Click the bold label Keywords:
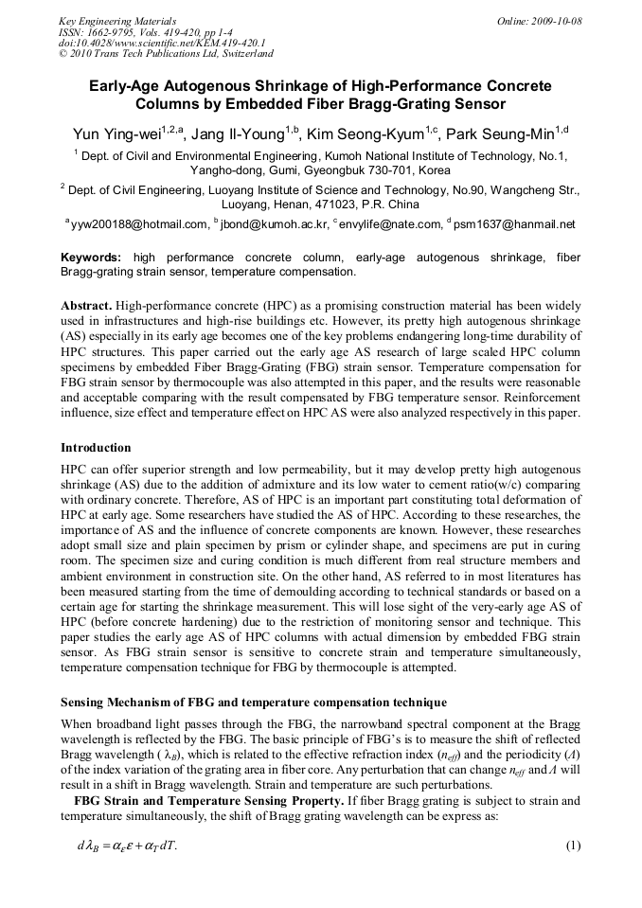[91, 258]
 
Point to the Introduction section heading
[96, 447]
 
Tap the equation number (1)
[572, 845]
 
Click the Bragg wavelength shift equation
[127, 846]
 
